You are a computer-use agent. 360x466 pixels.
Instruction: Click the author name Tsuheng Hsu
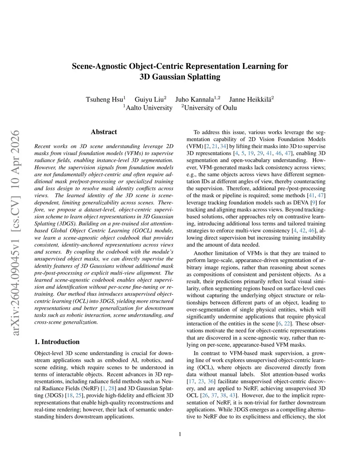point(104,99)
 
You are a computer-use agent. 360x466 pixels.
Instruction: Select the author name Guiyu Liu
point(149,99)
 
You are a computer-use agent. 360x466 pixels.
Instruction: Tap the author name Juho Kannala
point(194,99)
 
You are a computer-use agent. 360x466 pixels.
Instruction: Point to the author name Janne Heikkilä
point(250,99)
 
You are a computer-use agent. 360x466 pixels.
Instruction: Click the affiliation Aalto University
point(149,108)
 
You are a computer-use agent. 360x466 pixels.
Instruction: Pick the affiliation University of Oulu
point(210,108)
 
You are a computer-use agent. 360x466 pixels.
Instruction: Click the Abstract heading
point(104,132)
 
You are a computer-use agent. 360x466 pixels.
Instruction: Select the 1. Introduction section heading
point(57,342)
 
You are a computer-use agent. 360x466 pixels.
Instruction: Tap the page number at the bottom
point(180,434)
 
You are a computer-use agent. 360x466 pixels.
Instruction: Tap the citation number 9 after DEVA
point(312,203)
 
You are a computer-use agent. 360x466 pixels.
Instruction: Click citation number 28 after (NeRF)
point(112,389)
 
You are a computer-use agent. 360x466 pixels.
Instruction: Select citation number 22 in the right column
point(287,324)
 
